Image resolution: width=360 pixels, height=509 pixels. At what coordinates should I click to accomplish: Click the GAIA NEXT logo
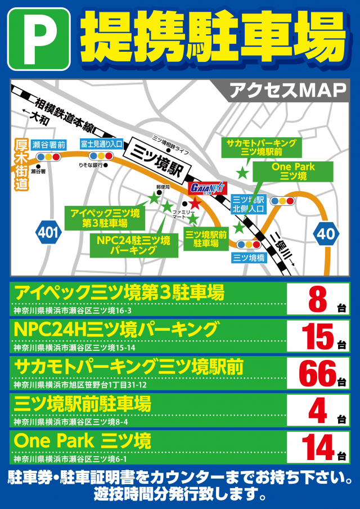pos(208,188)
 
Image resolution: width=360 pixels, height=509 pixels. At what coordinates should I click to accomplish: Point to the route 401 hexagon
pos(49,232)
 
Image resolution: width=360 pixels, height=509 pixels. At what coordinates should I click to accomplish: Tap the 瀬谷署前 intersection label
pos(48,145)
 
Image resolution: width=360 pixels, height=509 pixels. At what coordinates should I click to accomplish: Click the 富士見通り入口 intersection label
pos(101,145)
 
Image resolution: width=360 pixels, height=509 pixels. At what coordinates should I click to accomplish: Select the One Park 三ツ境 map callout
pos(292,171)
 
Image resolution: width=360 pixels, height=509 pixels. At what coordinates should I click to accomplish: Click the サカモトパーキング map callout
pos(260,147)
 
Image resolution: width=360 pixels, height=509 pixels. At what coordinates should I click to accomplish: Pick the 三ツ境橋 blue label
pos(249,258)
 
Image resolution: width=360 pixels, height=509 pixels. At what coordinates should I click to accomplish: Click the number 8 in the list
pos(317,299)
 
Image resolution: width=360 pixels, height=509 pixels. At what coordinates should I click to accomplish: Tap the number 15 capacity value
pos(317,336)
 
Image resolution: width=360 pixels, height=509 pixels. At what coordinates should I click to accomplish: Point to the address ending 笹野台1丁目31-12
pos(80,385)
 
